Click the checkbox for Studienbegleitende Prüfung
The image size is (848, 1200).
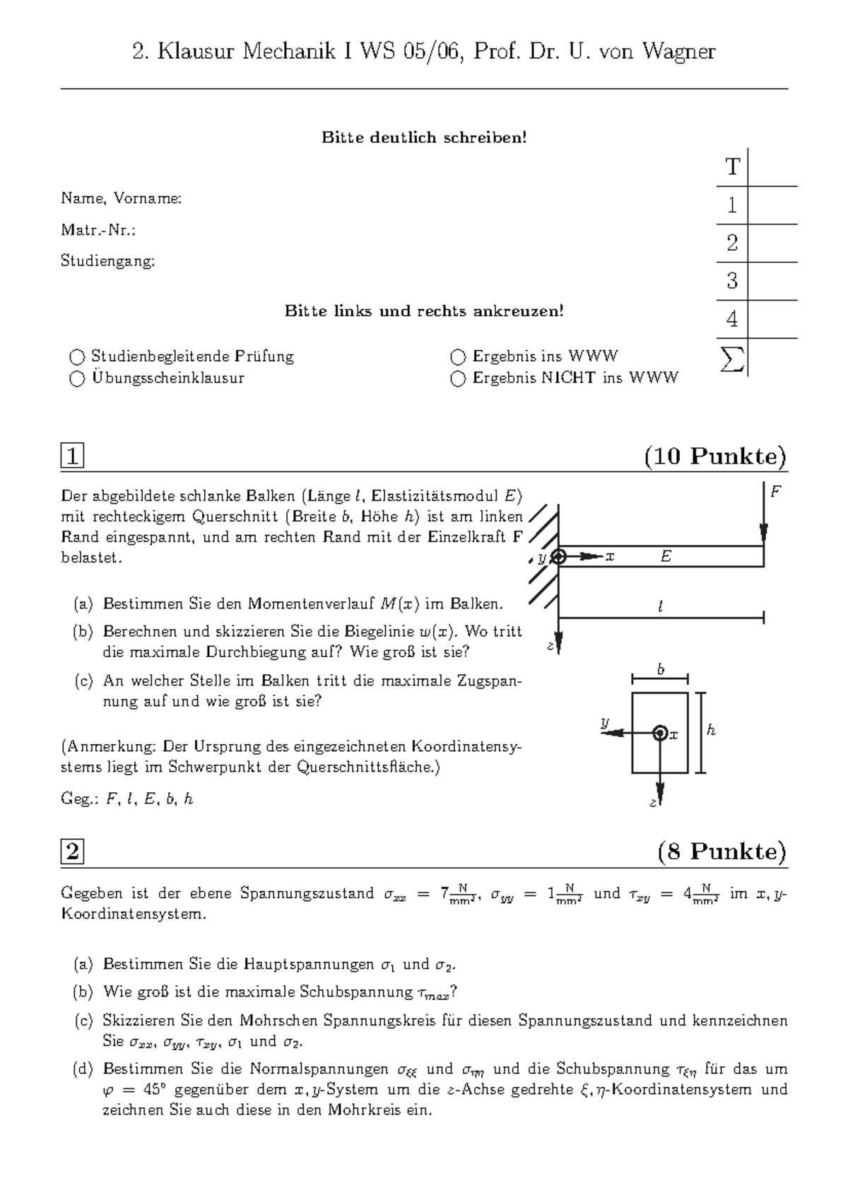pos(77,357)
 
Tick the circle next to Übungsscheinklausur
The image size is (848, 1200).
pos(77,379)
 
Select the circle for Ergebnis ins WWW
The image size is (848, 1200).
pos(458,357)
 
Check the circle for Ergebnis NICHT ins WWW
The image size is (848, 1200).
pos(458,379)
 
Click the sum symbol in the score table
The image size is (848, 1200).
pos(731,360)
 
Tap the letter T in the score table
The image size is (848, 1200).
pos(732,167)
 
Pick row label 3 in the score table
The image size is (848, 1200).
pos(732,281)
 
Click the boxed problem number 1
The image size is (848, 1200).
pos(72,457)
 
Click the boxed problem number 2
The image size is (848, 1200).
pos(72,852)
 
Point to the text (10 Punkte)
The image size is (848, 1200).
pos(715,457)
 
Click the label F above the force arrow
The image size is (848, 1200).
pos(775,492)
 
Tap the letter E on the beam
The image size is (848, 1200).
pos(666,557)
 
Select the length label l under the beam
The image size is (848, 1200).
pos(660,606)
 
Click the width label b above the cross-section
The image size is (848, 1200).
pos(661,669)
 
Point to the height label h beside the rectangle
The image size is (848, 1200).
pos(711,731)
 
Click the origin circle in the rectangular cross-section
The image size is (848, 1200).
pos(660,734)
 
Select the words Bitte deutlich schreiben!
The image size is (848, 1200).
pos(424,137)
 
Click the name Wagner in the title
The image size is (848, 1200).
pos(678,52)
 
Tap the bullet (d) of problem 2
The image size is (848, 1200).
pos(83,1069)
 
